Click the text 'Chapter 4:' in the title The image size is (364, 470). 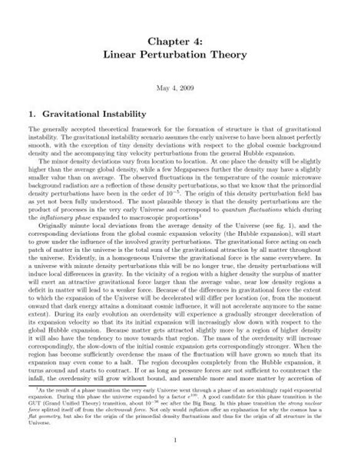click(x=182, y=35)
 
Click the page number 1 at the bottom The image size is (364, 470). click(x=182, y=439)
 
